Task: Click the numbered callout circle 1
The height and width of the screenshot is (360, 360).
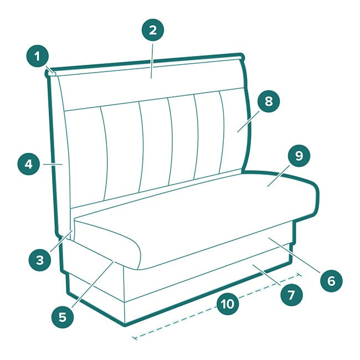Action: pos(37,56)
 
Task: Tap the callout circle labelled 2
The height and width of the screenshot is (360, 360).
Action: pos(153,30)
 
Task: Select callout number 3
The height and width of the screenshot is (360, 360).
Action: pos(40,260)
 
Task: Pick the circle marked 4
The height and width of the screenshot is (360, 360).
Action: pos(29,164)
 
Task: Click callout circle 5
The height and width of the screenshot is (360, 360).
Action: pos(63,317)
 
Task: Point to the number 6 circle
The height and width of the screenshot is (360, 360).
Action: pos(331,281)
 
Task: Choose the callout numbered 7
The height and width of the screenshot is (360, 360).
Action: pos(291,295)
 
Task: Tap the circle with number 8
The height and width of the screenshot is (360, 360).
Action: pos(269,101)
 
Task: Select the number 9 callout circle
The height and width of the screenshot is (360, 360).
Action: pos(299,156)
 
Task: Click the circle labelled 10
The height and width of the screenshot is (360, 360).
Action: pos(228,304)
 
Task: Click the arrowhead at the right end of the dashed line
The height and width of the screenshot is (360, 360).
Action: pos(299,275)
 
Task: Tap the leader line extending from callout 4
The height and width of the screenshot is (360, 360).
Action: pos(53,164)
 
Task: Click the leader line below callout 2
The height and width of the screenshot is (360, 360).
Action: pos(152,60)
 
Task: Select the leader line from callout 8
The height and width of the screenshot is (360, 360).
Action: pos(248,121)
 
